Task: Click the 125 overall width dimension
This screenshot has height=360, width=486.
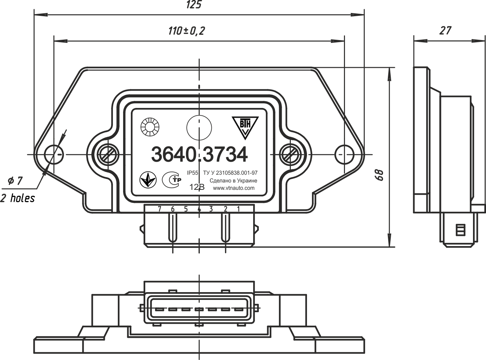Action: tap(194, 5)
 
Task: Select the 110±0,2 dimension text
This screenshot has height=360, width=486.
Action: tap(186, 31)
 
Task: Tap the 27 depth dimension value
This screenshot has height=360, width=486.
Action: tap(445, 31)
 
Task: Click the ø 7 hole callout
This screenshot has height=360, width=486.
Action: tap(15, 181)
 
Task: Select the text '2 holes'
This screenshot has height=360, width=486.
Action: tap(18, 198)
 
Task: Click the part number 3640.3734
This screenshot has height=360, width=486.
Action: tap(199, 154)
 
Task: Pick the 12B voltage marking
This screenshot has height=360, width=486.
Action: tap(197, 187)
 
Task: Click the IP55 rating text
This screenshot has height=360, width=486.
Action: tap(192, 173)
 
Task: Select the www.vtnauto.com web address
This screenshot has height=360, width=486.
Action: tap(234, 188)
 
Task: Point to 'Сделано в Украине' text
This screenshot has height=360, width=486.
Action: tap(234, 181)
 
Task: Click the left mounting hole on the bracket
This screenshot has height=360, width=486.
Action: tap(54, 154)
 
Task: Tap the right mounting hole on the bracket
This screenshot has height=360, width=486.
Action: tap(344, 154)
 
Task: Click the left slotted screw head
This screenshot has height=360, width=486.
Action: tap(108, 155)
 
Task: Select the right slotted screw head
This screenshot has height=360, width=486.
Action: tap(291, 155)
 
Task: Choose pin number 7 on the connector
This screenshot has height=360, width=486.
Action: tap(160, 209)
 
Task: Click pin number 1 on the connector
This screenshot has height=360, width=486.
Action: tap(238, 209)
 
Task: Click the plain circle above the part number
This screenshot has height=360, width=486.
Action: tap(199, 128)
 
